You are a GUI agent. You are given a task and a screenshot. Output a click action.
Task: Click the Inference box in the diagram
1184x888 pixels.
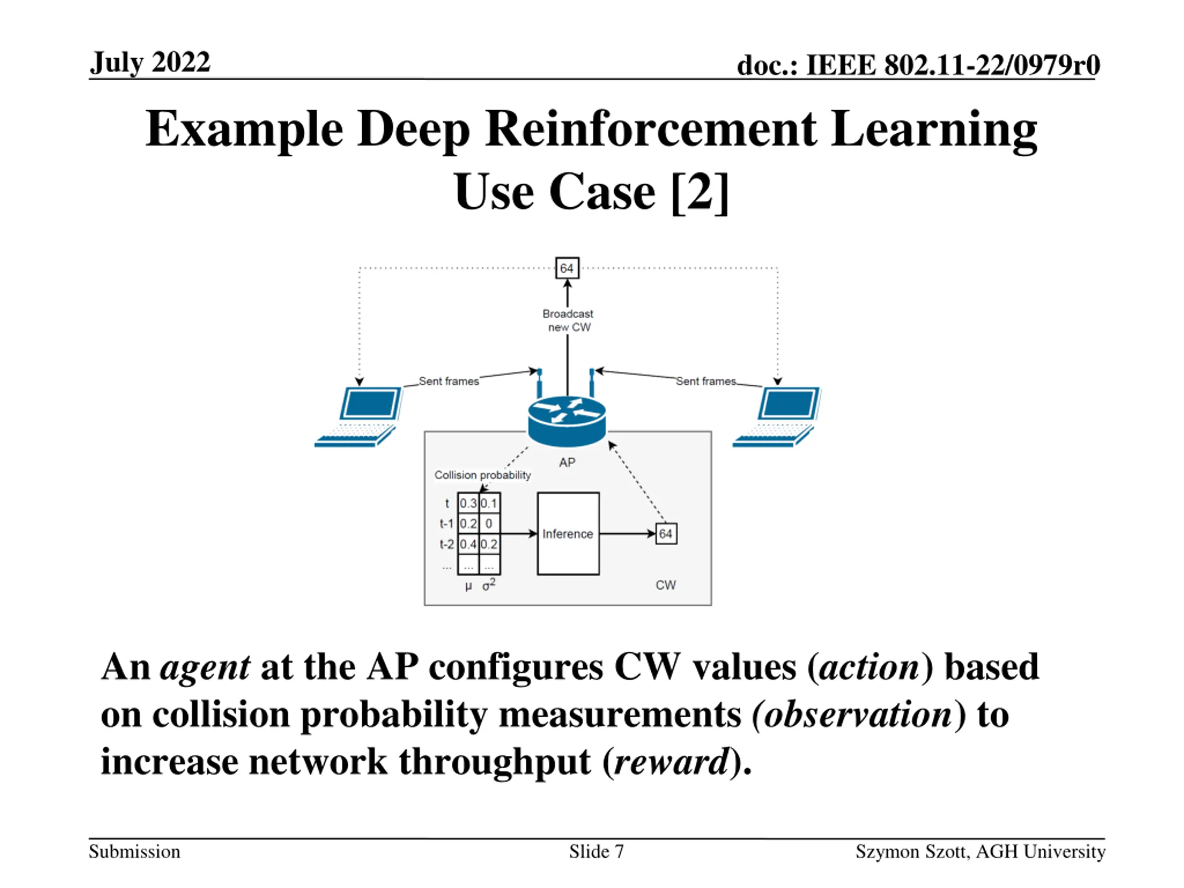point(568,534)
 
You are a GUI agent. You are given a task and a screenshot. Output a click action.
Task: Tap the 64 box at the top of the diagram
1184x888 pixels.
point(567,268)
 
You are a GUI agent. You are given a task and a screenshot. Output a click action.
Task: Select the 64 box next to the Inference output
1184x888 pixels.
point(666,534)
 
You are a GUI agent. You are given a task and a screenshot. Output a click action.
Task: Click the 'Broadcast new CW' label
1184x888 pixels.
point(568,320)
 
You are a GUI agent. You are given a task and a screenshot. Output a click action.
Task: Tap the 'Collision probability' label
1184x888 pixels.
point(482,475)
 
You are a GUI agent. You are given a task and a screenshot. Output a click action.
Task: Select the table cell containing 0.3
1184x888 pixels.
point(468,503)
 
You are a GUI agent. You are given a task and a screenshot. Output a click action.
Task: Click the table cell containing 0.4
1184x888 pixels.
point(468,544)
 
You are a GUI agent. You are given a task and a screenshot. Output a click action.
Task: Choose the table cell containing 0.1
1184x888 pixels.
point(489,503)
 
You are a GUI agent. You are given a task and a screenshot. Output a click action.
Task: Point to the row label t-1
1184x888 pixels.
point(446,524)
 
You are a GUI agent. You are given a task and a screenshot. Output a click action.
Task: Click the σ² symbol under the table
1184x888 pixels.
point(489,585)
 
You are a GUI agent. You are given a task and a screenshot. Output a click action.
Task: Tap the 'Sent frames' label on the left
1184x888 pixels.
point(449,381)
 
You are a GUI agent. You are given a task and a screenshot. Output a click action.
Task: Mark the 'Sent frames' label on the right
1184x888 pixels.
point(705,381)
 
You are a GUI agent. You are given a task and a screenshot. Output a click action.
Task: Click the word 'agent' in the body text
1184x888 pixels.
point(205,667)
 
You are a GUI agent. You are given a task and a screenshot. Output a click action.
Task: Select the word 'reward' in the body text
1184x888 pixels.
point(671,762)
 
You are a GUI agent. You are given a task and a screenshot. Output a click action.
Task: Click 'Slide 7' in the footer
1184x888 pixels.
point(596,851)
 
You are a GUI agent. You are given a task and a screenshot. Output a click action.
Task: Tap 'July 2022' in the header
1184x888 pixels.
point(150,62)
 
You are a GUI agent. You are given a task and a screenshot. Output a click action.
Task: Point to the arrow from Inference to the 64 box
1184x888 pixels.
point(627,534)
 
